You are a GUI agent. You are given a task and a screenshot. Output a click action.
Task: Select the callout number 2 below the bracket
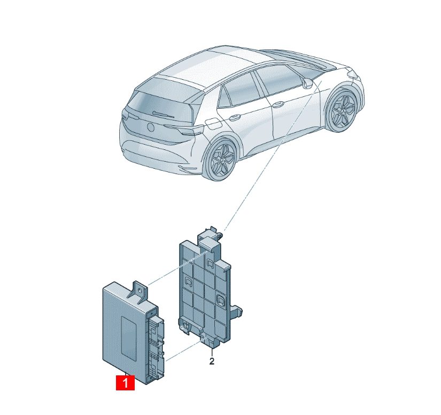212,361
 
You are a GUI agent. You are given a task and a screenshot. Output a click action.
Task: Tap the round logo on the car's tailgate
150,127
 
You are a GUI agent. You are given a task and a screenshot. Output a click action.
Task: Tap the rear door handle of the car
234,117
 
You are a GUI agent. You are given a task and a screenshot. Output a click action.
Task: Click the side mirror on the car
307,83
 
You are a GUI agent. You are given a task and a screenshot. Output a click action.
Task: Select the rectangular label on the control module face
129,335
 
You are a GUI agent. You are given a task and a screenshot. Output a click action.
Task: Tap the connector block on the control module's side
156,346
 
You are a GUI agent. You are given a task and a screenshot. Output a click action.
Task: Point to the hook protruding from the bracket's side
236,312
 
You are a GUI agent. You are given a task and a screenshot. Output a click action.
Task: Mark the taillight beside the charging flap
191,132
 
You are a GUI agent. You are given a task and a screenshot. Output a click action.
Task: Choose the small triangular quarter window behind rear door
224,97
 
